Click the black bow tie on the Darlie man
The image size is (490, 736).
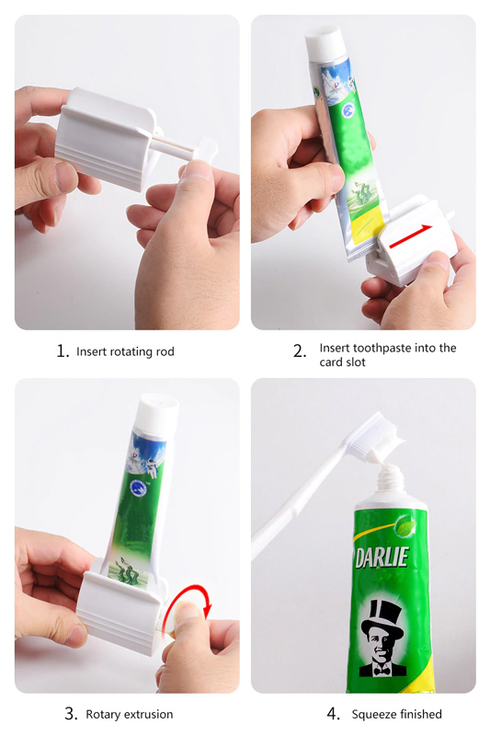382,669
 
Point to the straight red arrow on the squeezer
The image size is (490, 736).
410,236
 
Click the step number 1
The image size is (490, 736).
63,351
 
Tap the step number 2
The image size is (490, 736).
299,351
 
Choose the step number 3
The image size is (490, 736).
71,714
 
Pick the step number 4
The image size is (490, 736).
333,714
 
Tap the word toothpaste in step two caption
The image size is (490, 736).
393,349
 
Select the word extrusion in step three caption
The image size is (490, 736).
150,715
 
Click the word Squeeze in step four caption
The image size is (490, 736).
373,715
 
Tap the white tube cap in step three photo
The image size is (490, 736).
158,411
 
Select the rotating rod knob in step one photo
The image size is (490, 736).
206,149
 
